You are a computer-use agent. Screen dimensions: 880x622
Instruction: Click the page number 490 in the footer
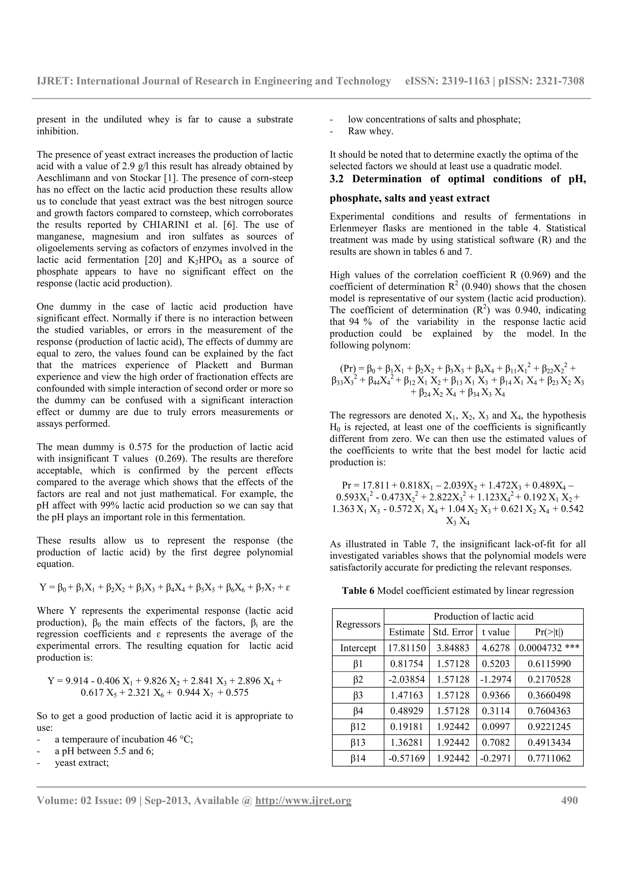coord(569,801)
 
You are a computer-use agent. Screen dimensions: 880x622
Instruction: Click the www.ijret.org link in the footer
coord(303,801)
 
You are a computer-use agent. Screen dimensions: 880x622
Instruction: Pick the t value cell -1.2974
coord(496,679)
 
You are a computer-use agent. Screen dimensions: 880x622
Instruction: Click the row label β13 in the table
coord(357,742)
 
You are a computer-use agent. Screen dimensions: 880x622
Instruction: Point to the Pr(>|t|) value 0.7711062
coord(549,758)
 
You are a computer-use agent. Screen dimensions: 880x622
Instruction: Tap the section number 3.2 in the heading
coord(338,179)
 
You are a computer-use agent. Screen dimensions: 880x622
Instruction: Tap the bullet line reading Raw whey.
coord(370,131)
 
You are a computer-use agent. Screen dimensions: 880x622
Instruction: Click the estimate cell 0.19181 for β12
coord(406,727)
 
